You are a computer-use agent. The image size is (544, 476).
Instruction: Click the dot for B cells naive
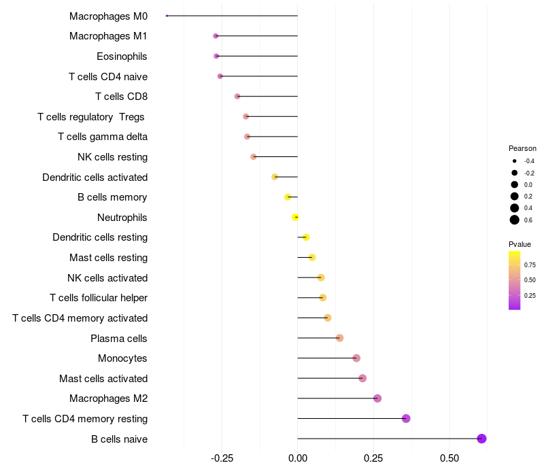click(x=481, y=439)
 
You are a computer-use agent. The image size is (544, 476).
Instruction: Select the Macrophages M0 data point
click(x=167, y=16)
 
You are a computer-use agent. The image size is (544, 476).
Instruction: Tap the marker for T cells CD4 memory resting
click(x=406, y=418)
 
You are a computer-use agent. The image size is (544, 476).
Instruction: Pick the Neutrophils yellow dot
click(x=295, y=217)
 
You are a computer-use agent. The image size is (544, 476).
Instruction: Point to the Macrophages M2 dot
click(x=377, y=398)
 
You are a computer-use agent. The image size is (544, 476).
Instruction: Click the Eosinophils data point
click(x=216, y=56)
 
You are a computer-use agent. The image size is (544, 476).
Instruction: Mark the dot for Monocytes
click(x=356, y=358)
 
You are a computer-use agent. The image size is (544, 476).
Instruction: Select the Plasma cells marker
click(x=339, y=338)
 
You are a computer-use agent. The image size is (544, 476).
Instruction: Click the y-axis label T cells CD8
click(x=121, y=97)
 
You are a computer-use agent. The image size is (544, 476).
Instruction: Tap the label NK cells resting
click(x=112, y=157)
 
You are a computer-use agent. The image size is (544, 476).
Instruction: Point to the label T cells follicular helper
click(x=99, y=298)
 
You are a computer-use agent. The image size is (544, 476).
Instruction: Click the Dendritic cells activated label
click(x=95, y=177)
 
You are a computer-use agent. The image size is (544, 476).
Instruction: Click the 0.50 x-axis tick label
click(x=449, y=459)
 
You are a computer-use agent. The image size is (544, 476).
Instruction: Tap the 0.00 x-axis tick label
click(x=298, y=459)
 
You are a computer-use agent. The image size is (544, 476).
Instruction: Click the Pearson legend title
click(x=522, y=148)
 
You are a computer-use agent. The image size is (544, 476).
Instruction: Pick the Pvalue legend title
click(x=520, y=244)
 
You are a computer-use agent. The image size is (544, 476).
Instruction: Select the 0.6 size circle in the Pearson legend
click(x=515, y=220)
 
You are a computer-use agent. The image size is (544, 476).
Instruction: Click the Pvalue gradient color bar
click(x=515, y=280)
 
